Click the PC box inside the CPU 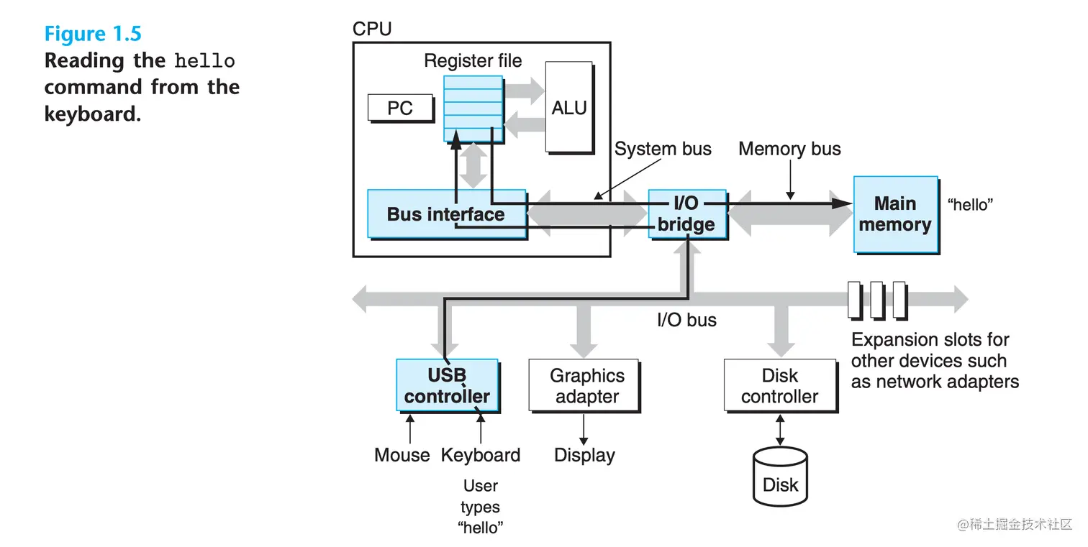[x=400, y=108]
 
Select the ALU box [x=569, y=107]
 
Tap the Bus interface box [x=446, y=214]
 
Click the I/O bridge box [x=686, y=214]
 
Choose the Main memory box [x=895, y=214]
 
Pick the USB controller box [x=447, y=385]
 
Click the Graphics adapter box [x=584, y=386]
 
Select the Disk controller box [x=779, y=386]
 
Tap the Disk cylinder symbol [x=780, y=477]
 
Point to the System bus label [x=663, y=149]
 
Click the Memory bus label [x=789, y=149]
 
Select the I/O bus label [x=686, y=320]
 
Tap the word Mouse [x=402, y=455]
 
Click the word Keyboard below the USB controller [x=481, y=455]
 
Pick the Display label [x=584, y=455]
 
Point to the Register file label [x=473, y=61]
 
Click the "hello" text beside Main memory [x=970, y=205]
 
